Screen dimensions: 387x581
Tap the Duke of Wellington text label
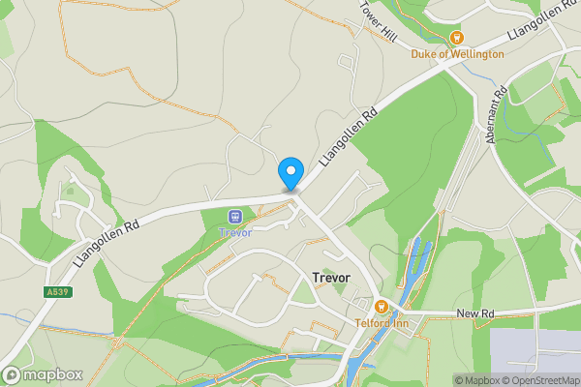[x=458, y=54]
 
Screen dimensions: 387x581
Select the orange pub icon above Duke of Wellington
[x=457, y=38]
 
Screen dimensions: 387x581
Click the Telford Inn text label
[x=382, y=323]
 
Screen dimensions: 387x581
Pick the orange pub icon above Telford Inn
[x=382, y=307]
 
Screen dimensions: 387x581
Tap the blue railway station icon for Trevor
[x=235, y=216]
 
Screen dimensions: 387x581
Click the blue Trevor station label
[x=235, y=232]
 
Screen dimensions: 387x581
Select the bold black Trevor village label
[x=331, y=278]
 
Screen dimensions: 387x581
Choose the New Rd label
[x=475, y=313]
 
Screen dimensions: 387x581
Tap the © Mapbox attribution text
[x=475, y=380]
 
